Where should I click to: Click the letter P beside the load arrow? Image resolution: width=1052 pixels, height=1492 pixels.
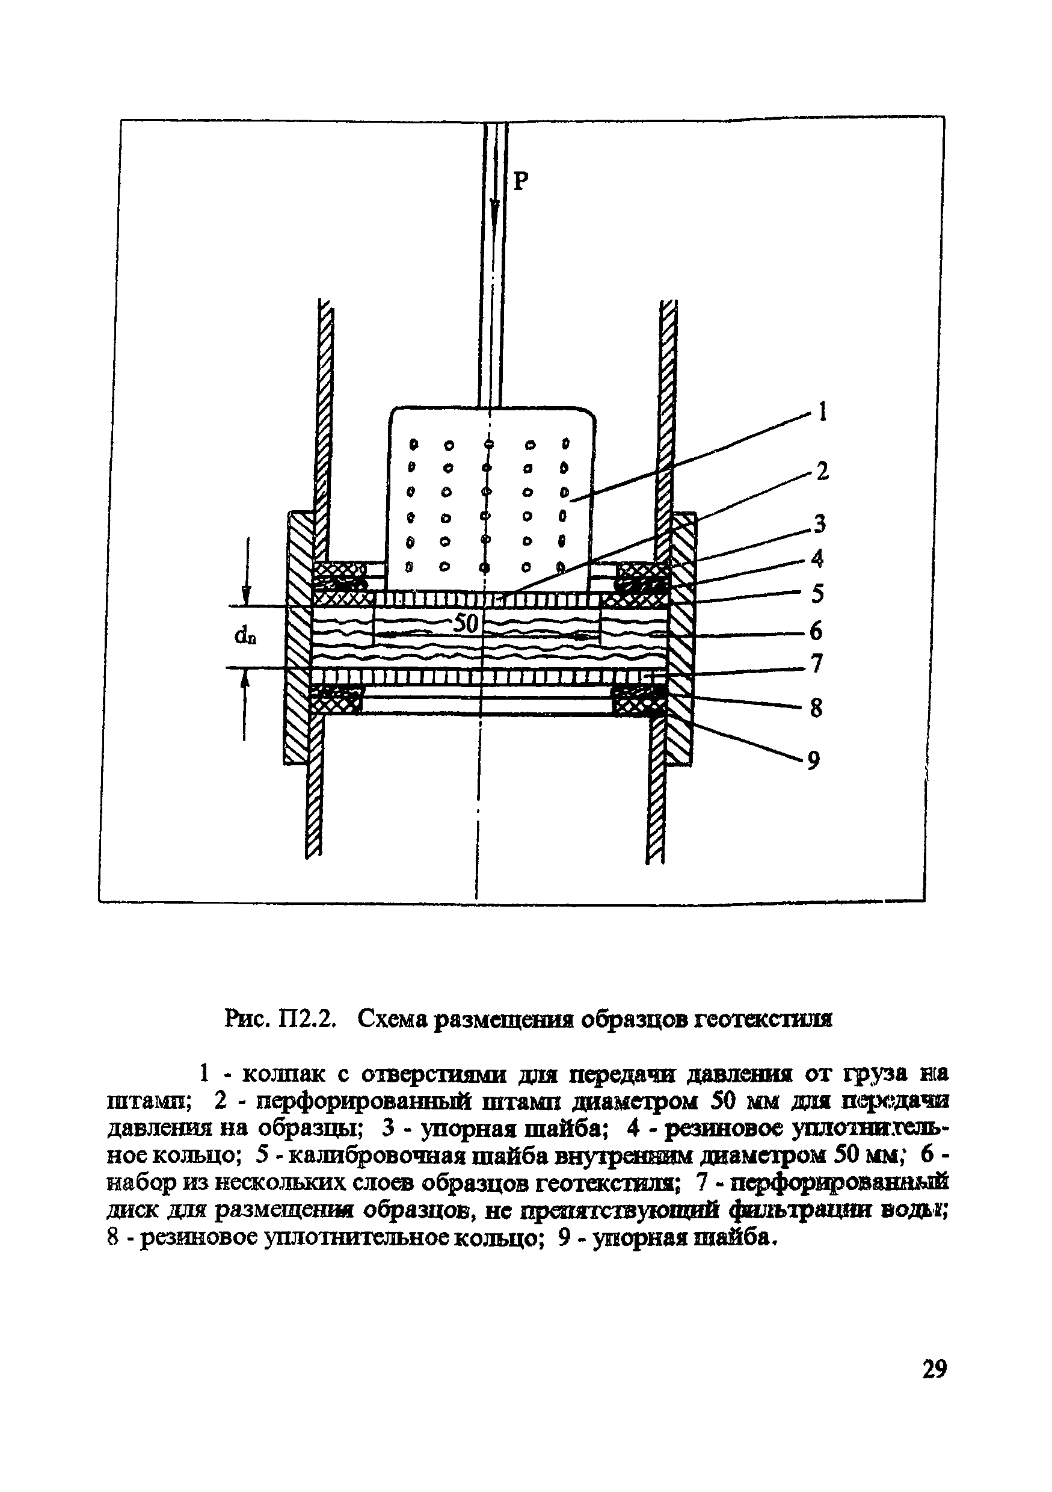[x=521, y=181]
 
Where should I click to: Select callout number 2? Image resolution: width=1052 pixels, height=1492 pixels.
[x=822, y=470]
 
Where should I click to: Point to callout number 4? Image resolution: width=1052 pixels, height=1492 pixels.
[x=817, y=558]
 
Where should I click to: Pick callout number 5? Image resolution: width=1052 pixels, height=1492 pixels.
[x=817, y=593]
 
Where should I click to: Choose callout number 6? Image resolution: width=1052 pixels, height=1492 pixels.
[x=816, y=631]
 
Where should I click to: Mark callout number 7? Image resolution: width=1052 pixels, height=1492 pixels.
[x=817, y=664]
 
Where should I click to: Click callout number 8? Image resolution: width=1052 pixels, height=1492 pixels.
[x=816, y=707]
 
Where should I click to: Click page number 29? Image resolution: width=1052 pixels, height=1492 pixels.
[x=934, y=1369]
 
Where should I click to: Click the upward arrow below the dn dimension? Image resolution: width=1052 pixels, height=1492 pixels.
[x=245, y=682]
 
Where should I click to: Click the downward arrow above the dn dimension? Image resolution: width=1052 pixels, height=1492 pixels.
[x=245, y=594]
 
